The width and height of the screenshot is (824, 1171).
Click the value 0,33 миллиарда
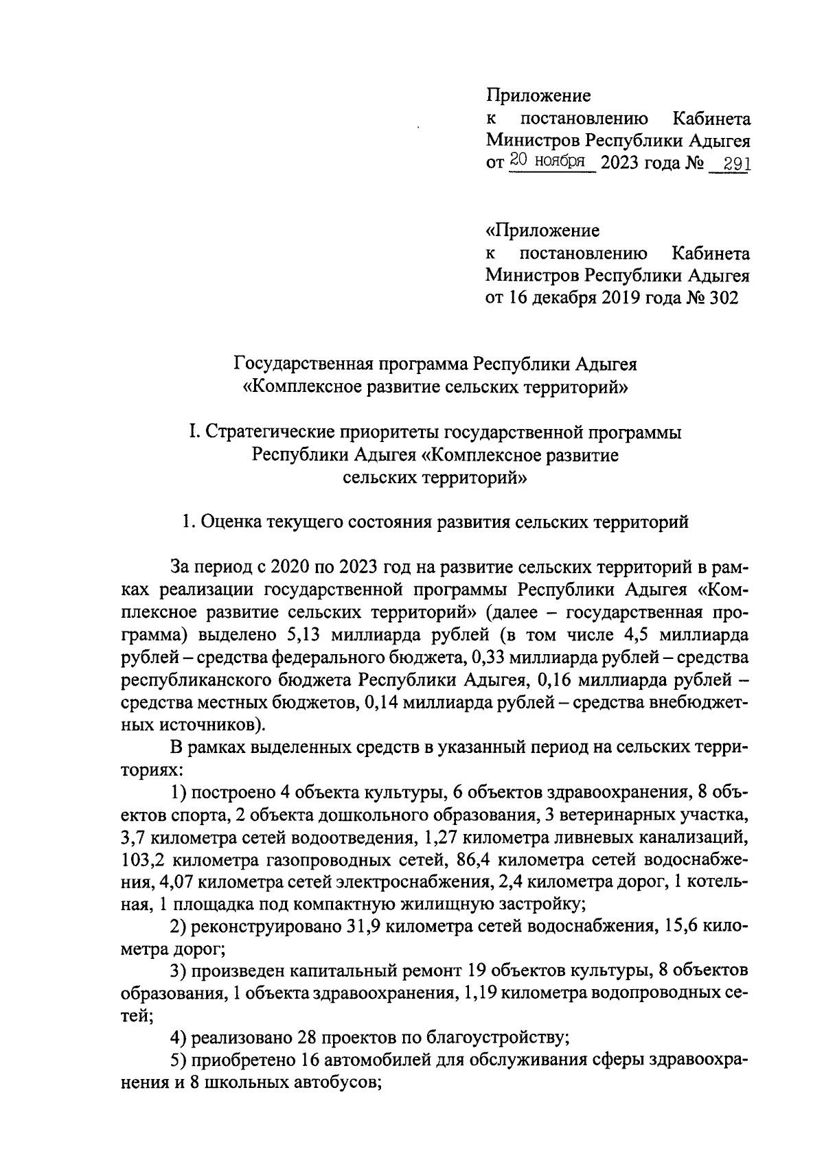tap(488, 657)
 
